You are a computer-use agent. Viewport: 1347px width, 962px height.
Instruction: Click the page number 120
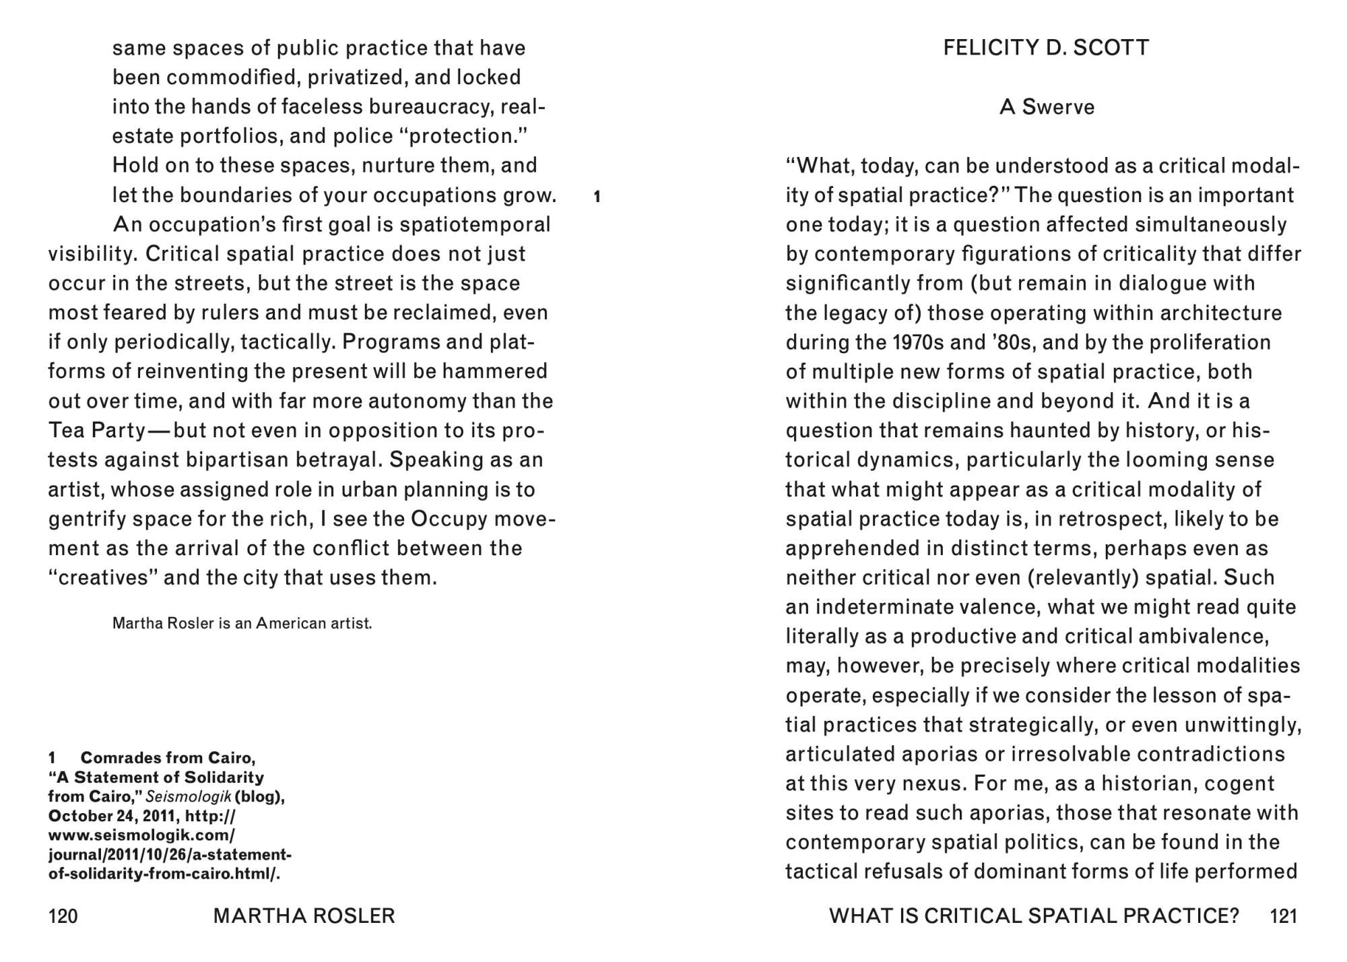(x=63, y=916)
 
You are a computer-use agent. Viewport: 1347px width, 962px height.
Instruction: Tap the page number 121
(x=1283, y=916)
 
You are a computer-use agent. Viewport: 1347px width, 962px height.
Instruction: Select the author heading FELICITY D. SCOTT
(x=1046, y=48)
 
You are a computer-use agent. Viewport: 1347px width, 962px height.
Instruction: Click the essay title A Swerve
(x=1047, y=107)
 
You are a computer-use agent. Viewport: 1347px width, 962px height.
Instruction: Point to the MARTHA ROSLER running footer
(x=304, y=916)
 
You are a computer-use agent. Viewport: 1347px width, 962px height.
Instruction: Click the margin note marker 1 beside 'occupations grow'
(x=597, y=197)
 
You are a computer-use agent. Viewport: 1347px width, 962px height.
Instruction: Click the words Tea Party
(x=96, y=430)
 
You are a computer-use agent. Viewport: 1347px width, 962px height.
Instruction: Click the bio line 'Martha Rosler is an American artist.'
(x=242, y=623)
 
